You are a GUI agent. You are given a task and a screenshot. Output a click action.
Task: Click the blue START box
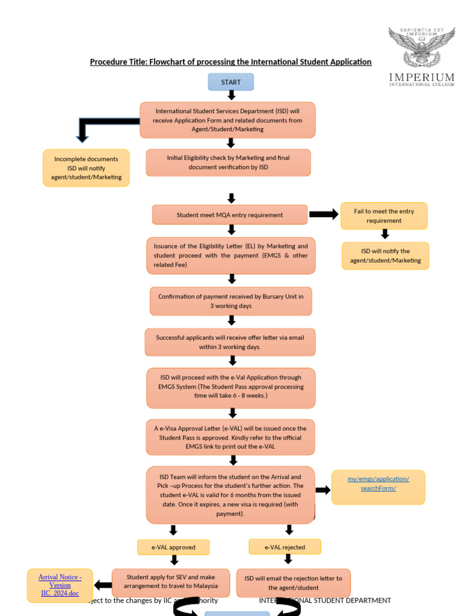tap(231, 82)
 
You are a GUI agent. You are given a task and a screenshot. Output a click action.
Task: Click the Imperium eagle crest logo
tap(421, 48)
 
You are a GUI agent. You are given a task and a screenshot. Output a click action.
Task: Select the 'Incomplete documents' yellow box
tap(86, 168)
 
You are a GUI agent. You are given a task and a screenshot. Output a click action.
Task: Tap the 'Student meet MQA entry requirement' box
tap(229, 215)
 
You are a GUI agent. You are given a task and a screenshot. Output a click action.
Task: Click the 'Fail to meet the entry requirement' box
tap(384, 216)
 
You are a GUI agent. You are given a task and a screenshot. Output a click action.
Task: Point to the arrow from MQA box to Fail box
tap(324, 215)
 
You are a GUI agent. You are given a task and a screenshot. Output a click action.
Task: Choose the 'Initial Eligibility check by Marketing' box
tap(228, 162)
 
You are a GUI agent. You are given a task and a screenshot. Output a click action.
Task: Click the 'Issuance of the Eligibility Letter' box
tap(230, 255)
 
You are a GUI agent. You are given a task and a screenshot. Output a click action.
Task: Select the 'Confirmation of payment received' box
tap(230, 301)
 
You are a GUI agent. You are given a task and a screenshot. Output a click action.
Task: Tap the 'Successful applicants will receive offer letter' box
tap(230, 342)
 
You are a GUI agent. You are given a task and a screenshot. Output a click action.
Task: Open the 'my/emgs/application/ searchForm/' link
tap(378, 484)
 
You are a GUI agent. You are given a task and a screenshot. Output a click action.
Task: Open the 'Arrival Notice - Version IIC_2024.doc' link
tap(60, 585)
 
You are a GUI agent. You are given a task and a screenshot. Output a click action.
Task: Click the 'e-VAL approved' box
tap(173, 547)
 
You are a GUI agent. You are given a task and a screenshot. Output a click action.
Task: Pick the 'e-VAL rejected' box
tap(285, 547)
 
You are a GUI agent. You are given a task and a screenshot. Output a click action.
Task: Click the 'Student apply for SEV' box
tap(170, 582)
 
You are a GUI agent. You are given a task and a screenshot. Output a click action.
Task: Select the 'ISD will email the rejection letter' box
tap(293, 582)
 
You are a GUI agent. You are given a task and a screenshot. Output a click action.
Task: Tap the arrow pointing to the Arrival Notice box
tap(103, 585)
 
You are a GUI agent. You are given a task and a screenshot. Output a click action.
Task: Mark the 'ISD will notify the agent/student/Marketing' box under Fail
tap(385, 256)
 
